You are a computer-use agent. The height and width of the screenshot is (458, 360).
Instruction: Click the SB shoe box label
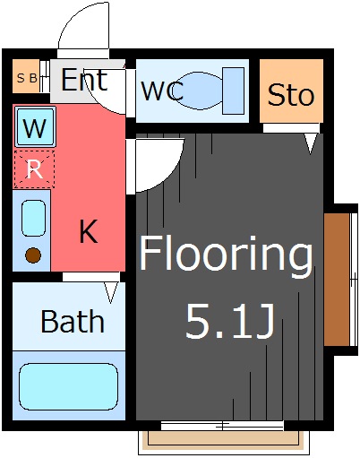[x=27, y=78]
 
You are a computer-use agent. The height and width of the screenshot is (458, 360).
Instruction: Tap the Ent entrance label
[x=84, y=80]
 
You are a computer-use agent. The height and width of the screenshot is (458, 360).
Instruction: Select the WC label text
[x=162, y=91]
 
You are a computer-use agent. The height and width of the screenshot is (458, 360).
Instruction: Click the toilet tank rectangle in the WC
[x=234, y=91]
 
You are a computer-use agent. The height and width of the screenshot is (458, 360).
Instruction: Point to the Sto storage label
[x=291, y=95]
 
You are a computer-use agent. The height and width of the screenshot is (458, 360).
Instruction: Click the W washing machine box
[x=36, y=127]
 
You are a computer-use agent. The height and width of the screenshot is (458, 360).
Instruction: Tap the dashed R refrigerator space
[x=35, y=169]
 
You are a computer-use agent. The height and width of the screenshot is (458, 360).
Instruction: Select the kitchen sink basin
[x=34, y=218]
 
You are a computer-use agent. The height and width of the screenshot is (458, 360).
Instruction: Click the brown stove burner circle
[x=33, y=255]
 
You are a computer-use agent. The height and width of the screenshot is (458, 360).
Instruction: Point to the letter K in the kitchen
[x=89, y=231]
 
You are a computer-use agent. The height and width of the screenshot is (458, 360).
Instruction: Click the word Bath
[x=73, y=322]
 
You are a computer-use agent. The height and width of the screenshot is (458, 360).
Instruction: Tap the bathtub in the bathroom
[x=68, y=387]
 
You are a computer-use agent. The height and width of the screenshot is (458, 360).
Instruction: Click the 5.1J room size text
[x=230, y=322]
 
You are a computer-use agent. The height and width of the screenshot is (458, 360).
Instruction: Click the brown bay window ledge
[x=337, y=280]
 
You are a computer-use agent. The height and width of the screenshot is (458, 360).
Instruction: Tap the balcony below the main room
[x=224, y=442]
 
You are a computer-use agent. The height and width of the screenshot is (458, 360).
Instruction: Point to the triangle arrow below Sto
[x=311, y=143]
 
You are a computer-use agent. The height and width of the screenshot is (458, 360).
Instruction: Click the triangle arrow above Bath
[x=111, y=292]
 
